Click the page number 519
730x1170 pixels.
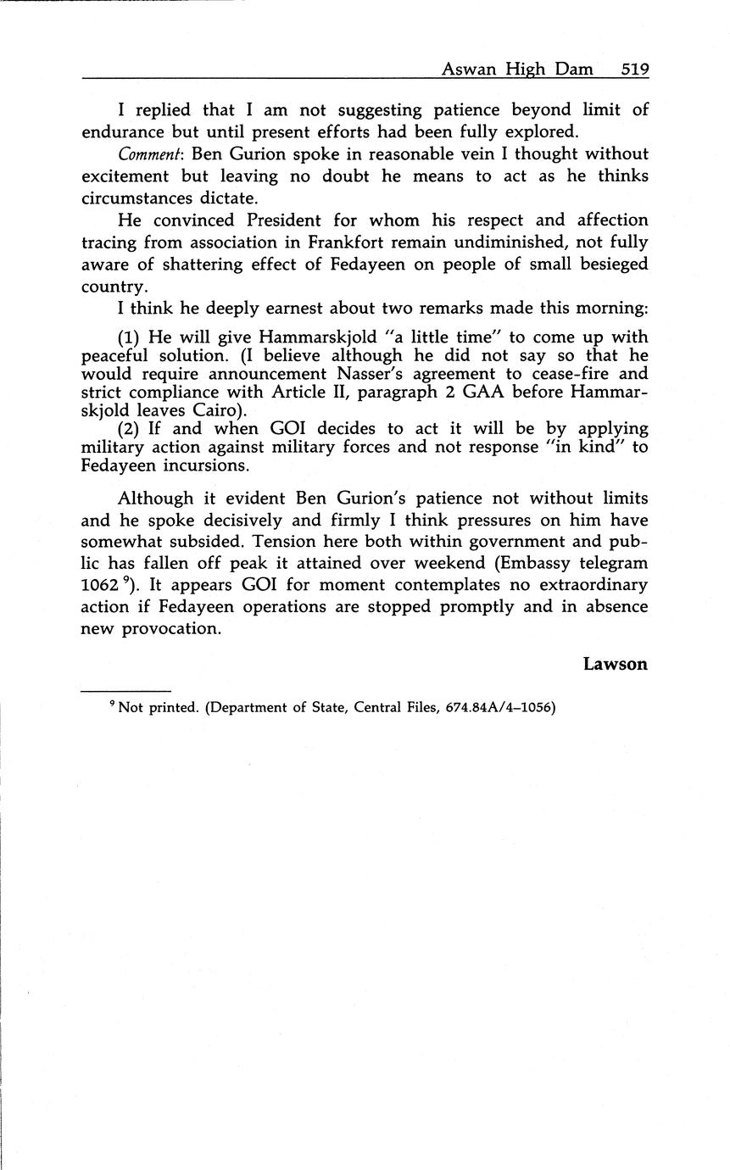(634, 70)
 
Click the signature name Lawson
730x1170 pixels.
(616, 665)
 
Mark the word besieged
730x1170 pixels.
(604, 265)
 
